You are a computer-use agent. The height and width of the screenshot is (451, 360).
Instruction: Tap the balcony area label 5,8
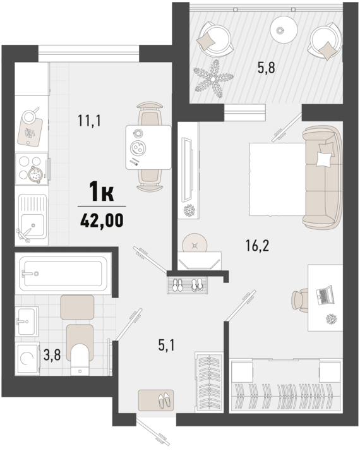[267, 68]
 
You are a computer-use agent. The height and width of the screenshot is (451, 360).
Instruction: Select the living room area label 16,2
[257, 246]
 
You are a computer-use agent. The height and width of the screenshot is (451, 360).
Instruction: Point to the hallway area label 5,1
[167, 345]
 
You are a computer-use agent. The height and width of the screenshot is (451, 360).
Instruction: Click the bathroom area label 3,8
[52, 355]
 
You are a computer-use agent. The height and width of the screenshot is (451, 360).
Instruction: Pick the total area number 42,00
[102, 220]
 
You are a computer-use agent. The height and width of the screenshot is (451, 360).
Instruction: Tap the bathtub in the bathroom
[63, 274]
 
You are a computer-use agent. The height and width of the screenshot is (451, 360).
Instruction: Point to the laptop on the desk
[325, 295]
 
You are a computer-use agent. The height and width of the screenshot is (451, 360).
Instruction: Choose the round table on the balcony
[284, 28]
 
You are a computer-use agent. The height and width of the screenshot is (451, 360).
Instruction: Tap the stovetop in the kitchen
[32, 169]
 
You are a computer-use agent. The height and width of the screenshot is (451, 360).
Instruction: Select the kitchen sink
[32, 216]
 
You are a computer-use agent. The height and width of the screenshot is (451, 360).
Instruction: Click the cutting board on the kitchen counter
[30, 131]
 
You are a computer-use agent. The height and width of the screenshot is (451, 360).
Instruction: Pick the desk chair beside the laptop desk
[299, 300]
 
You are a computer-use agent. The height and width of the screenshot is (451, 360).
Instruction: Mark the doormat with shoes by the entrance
[156, 400]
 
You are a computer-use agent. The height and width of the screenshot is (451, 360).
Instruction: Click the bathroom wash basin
[27, 321]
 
